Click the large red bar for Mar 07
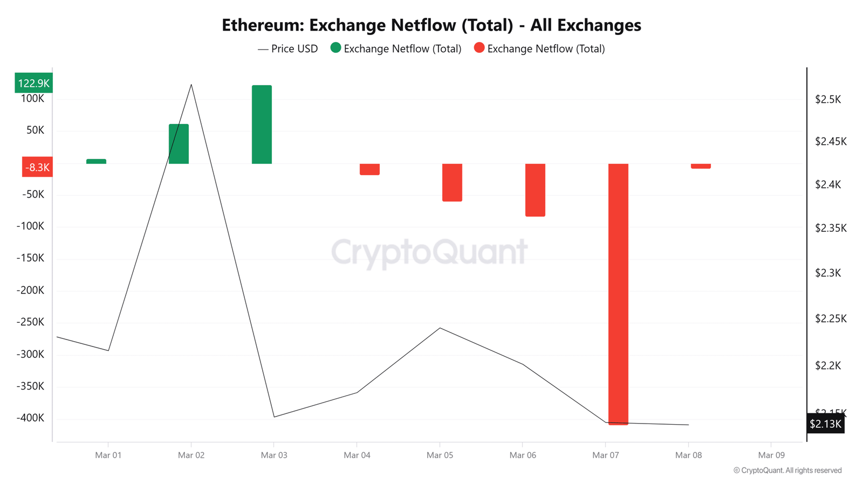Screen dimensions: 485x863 point(618,294)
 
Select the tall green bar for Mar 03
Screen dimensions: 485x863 point(262,124)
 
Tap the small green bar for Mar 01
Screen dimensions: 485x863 point(96,161)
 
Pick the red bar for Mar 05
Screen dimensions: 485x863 point(452,182)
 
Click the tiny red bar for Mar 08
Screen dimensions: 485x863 point(701,166)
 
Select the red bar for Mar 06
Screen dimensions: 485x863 point(535,190)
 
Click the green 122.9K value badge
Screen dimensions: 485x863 point(33,83)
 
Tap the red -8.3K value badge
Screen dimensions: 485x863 point(37,167)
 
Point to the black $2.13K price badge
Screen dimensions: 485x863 point(825,424)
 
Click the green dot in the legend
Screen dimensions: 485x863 point(335,48)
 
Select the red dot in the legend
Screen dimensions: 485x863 point(479,48)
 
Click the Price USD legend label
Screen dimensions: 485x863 point(294,48)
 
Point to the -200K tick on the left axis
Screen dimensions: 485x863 point(30,290)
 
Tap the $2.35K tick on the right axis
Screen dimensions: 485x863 point(831,228)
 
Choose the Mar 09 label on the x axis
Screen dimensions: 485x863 point(771,455)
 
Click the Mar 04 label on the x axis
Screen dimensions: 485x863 point(357,455)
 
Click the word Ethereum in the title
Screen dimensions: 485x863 point(262,25)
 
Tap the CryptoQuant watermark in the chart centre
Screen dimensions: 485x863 point(429,252)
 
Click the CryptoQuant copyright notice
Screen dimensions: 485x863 point(787,470)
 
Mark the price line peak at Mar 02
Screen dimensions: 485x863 point(191,85)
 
